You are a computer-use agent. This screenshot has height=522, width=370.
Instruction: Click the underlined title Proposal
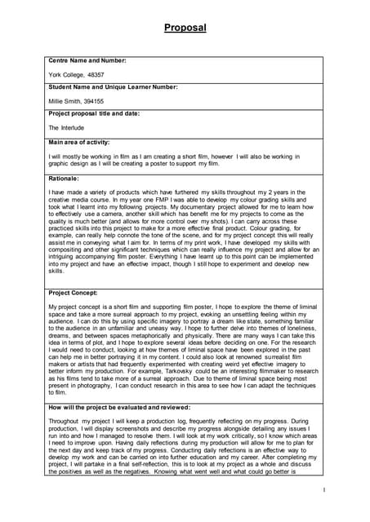click(185, 28)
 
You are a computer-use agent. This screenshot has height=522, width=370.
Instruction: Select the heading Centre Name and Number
click(87, 60)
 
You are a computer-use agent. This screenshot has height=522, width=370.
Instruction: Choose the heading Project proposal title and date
click(93, 114)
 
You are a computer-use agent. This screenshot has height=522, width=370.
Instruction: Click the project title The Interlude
click(67, 128)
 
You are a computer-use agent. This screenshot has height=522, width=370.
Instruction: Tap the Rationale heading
click(64, 178)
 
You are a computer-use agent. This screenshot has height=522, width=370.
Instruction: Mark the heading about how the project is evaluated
click(119, 407)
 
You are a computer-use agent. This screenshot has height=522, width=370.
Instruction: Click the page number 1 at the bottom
click(323, 490)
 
